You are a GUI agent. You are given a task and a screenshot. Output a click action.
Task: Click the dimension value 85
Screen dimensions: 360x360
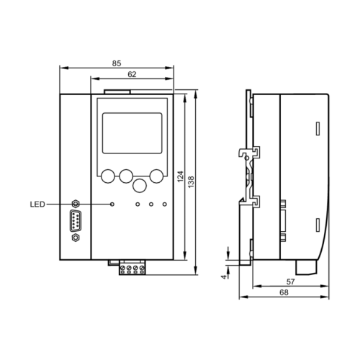click(x=117, y=63)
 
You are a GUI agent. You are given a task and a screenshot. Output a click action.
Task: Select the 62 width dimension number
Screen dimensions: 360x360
click(x=132, y=73)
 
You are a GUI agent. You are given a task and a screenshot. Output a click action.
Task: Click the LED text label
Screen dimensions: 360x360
click(x=37, y=204)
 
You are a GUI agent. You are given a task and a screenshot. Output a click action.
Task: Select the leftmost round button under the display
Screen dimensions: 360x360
click(x=108, y=175)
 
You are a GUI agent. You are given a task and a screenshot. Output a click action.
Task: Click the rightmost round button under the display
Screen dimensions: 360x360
click(x=158, y=175)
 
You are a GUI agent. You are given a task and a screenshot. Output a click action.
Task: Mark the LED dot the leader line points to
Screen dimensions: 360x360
click(x=112, y=204)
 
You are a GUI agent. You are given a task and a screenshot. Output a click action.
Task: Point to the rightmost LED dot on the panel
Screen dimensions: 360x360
click(x=165, y=204)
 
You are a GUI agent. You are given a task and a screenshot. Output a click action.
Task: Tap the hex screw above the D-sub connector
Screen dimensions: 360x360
click(x=76, y=204)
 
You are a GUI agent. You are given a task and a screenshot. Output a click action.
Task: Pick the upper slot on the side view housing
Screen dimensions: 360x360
click(x=316, y=130)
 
